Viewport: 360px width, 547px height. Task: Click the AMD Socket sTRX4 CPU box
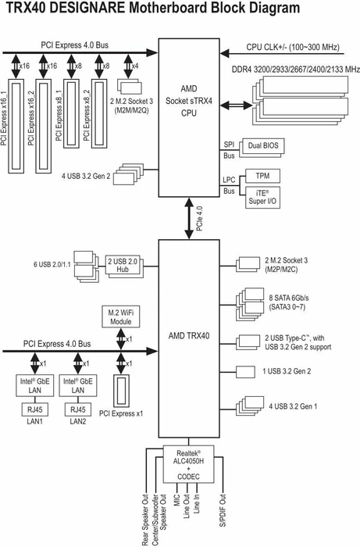point(189,118)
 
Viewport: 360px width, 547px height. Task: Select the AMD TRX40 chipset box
point(189,338)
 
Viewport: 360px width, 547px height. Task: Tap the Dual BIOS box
point(263,145)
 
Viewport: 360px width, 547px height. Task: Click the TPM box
point(262,176)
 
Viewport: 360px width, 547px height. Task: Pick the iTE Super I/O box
point(262,198)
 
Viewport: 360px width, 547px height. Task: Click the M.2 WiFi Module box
point(120,316)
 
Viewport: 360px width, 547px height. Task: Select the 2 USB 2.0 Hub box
point(123,265)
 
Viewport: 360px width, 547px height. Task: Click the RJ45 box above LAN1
point(35,409)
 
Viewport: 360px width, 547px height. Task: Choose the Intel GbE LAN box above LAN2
point(78,385)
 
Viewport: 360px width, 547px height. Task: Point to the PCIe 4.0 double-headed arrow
point(189,218)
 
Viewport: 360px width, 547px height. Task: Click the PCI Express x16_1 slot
point(16,126)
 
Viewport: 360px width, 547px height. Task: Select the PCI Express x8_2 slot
point(99,113)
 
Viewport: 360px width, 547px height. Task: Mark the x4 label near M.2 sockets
point(134,66)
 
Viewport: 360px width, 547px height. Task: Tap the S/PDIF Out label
point(223,510)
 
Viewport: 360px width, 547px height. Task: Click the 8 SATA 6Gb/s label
point(289,298)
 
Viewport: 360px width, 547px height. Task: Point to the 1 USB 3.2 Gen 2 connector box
point(245,371)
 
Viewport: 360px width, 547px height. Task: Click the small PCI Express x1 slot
point(121,390)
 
